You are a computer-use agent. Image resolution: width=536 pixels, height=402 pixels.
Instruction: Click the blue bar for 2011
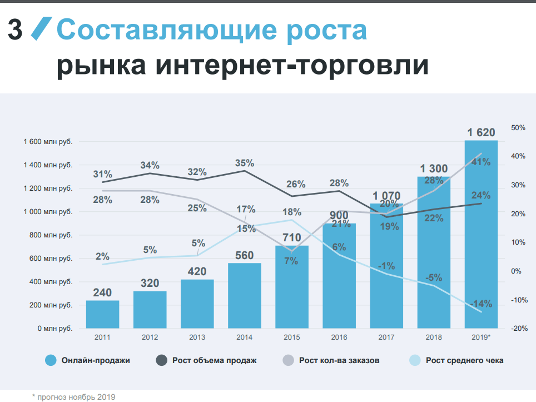[x=102, y=314]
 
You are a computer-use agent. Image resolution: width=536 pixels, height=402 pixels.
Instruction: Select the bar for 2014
[x=245, y=295]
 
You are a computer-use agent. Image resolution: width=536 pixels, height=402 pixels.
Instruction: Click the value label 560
[x=245, y=256]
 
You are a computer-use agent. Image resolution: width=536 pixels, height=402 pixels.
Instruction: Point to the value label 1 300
[x=434, y=168]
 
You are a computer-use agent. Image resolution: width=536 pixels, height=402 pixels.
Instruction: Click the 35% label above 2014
[x=245, y=163]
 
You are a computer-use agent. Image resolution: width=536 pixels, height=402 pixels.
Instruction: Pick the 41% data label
[x=481, y=162]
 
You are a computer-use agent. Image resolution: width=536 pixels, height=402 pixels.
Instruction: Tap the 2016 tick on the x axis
[x=339, y=338]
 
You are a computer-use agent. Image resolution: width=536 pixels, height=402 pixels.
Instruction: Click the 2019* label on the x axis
[x=482, y=338]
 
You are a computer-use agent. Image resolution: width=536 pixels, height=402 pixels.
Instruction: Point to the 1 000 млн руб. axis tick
[x=48, y=212]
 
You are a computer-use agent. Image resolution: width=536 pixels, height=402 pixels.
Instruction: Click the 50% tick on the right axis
[x=518, y=128]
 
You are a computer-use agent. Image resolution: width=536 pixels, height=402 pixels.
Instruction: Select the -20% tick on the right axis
[x=518, y=329]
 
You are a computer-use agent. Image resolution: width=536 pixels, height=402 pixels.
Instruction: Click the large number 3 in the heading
[x=16, y=31]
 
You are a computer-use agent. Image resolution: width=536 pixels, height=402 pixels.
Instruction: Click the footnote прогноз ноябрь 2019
[x=76, y=396]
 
